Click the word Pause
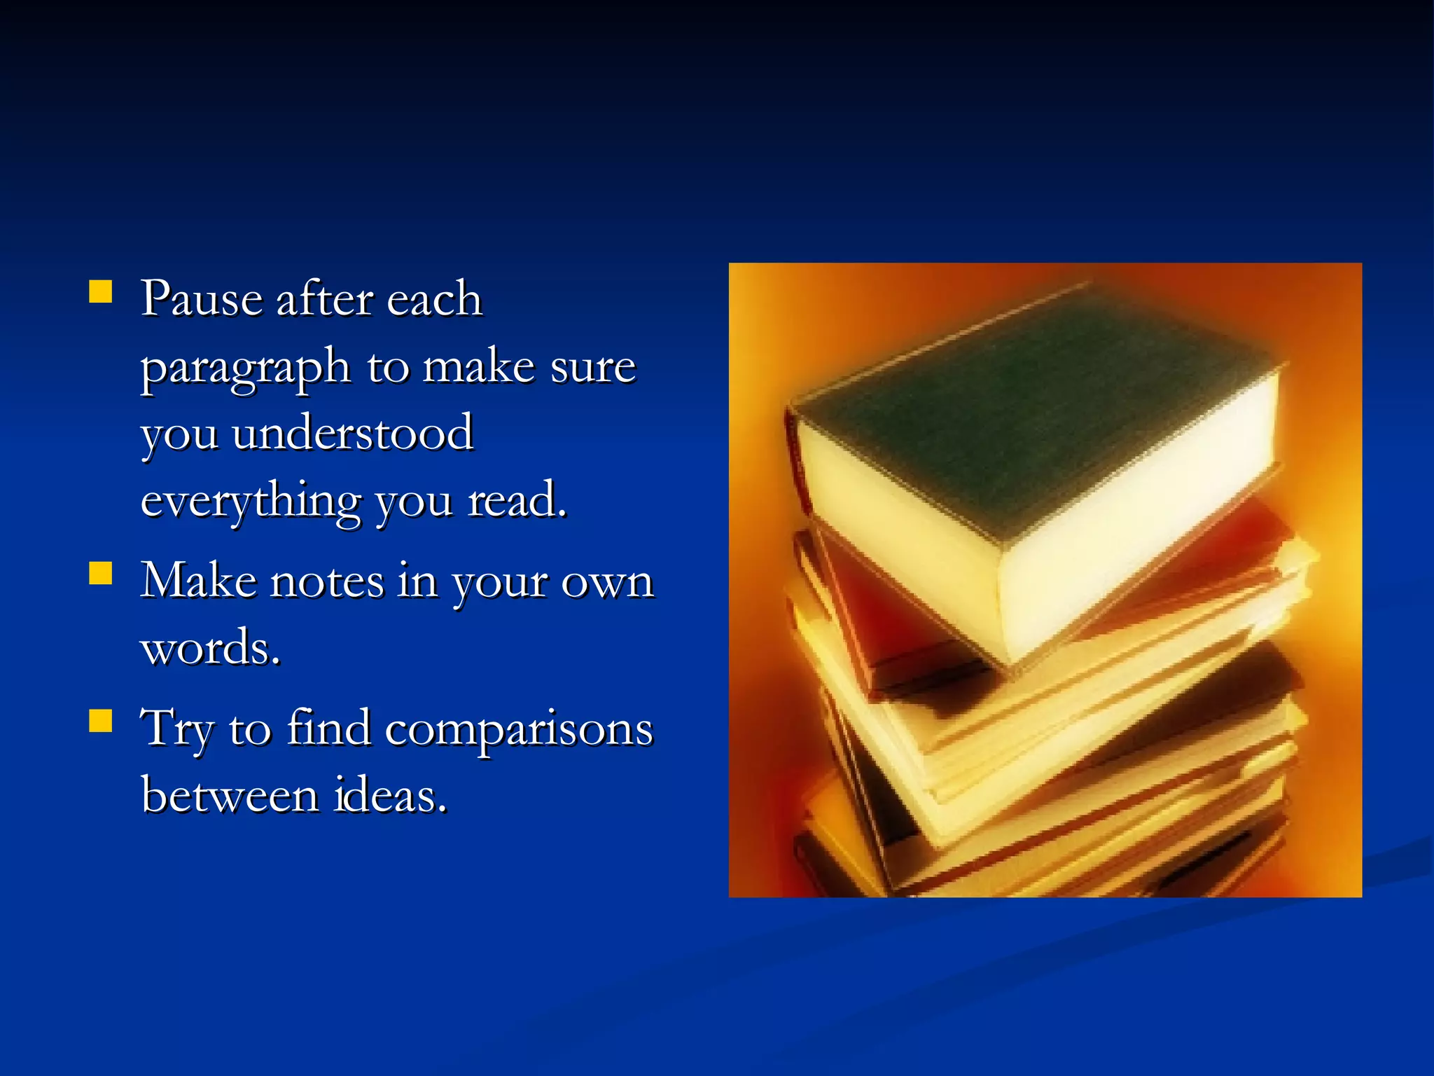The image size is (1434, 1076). coord(202,299)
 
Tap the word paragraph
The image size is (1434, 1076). coord(245,368)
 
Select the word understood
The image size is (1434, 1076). coord(352,434)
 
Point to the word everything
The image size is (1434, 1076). coord(251,502)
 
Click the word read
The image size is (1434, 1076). coord(516,500)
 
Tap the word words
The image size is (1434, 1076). coord(210,648)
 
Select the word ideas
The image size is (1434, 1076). coord(389,796)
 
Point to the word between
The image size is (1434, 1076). coord(230,796)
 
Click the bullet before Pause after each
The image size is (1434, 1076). coord(101,291)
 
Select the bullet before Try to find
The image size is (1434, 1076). coord(101,720)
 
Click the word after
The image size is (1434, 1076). coord(324,299)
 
